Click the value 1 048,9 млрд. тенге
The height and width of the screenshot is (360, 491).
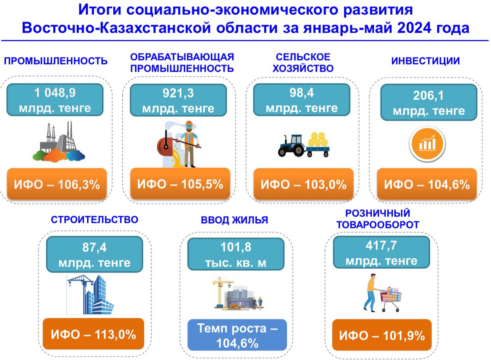pyautogui.click(x=55, y=100)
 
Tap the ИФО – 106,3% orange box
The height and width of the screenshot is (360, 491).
pyautogui.click(x=57, y=184)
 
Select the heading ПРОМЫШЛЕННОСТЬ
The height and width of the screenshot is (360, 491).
pyautogui.click(x=56, y=61)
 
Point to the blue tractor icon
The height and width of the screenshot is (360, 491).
pyautogui.click(x=291, y=145)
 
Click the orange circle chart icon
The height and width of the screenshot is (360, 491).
pyautogui.click(x=427, y=143)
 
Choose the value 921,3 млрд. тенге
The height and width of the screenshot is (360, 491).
pyautogui.click(x=178, y=100)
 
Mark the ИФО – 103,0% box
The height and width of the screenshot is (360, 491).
pyautogui.click(x=303, y=184)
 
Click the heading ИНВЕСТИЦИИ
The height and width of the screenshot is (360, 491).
pyautogui.click(x=425, y=61)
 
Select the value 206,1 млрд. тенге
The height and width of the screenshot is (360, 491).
pyautogui.click(x=429, y=103)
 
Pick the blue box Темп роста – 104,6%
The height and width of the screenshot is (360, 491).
pyautogui.click(x=237, y=335)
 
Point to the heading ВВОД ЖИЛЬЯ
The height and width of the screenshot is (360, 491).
pyautogui.click(x=234, y=220)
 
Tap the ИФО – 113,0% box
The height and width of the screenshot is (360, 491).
pyautogui.click(x=93, y=334)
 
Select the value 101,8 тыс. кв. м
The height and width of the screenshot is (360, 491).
pyautogui.click(x=236, y=254)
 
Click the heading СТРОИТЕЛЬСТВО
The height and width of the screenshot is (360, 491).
pyautogui.click(x=94, y=220)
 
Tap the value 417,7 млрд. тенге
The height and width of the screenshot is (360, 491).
pyautogui.click(x=381, y=252)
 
